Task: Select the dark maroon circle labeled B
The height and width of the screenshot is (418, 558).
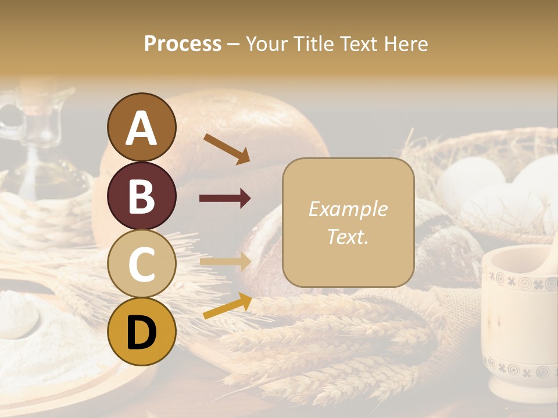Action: tap(142, 196)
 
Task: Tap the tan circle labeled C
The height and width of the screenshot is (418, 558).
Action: tap(142, 264)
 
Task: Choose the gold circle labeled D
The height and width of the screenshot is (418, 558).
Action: tap(142, 331)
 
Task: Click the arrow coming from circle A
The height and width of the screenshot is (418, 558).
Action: tap(227, 149)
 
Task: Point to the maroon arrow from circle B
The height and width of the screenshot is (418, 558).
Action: tap(225, 199)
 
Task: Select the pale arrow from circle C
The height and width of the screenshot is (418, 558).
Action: tap(225, 262)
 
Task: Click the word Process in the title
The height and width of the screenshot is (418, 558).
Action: tap(183, 44)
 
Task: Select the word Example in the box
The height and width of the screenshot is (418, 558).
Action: tap(348, 210)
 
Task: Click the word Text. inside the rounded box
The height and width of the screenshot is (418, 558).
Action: tap(348, 236)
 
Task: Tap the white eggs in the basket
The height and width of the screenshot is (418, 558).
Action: tap(494, 186)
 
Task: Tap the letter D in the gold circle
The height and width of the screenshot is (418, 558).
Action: tap(142, 333)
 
